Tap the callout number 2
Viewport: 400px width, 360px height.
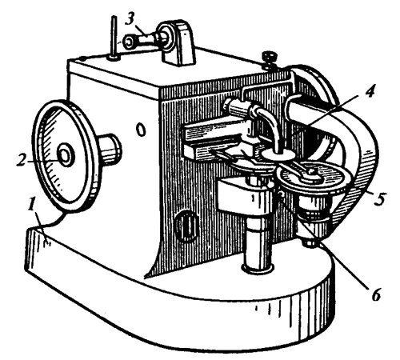coord(22,161)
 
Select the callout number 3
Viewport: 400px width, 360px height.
coord(130,20)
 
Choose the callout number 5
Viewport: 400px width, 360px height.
coord(379,199)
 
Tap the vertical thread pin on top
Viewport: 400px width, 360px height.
coord(115,38)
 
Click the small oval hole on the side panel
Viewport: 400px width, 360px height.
coord(141,130)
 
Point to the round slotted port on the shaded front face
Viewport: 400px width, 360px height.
coord(187,226)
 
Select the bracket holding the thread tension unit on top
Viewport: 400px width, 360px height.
coord(178,42)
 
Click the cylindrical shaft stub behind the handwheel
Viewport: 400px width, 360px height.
coord(110,150)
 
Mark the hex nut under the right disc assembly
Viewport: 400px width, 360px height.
coord(310,242)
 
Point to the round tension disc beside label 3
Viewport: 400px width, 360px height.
coord(129,42)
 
